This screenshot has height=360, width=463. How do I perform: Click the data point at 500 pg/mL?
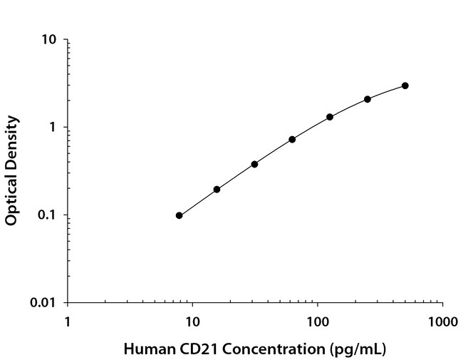pos(405,86)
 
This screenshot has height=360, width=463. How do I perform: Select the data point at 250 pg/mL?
pos(368,99)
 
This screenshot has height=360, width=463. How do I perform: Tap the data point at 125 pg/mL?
pos(330,117)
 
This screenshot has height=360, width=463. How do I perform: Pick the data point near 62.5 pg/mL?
pos(292,139)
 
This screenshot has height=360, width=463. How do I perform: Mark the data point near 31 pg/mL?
pos(254,164)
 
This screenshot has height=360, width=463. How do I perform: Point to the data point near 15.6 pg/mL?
pos(217,189)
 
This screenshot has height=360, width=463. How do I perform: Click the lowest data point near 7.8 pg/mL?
pos(179,215)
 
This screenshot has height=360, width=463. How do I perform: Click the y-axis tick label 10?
pos(49,40)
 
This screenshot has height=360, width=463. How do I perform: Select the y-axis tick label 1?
pos(53,128)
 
